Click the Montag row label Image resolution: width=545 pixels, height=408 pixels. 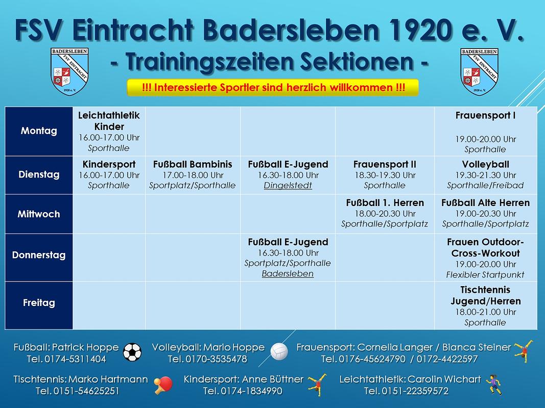tap(39, 131)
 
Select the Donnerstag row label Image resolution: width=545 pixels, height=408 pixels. tap(39, 255)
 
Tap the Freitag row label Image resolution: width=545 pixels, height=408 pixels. tap(39, 303)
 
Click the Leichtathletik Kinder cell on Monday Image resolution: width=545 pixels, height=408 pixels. tap(109, 132)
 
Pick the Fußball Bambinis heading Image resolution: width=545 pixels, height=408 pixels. tap(193, 164)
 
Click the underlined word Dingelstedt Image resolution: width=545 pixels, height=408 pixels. tap(288, 186)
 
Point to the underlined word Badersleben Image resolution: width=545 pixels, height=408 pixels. tap(288, 274)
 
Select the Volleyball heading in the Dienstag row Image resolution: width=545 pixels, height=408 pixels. tap(486, 164)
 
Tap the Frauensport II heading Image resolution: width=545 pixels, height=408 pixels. tap(385, 164)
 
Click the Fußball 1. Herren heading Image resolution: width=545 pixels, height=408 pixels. tap(385, 202)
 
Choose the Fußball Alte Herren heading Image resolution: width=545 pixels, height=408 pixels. tap(486, 202)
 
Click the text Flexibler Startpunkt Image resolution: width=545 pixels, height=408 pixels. tap(486, 275)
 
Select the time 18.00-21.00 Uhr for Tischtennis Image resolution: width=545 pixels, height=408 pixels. tap(486, 312)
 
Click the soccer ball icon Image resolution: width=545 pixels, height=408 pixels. tap(132, 352)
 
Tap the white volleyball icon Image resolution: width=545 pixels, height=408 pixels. tap(279, 351)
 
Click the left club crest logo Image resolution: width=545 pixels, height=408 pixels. tap(69, 71)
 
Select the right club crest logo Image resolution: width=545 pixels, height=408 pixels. tap(480, 71)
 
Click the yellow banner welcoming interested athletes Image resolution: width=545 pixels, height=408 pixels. tap(273, 87)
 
